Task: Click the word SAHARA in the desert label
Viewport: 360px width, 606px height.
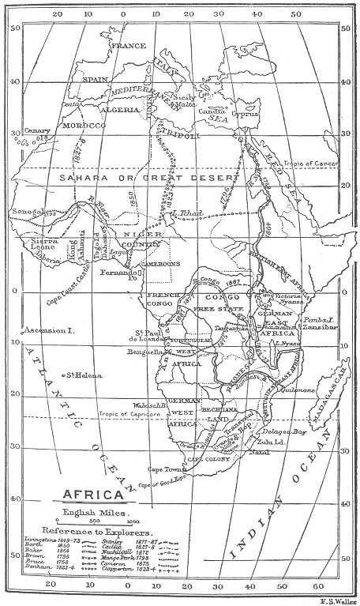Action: [x=84, y=180]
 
